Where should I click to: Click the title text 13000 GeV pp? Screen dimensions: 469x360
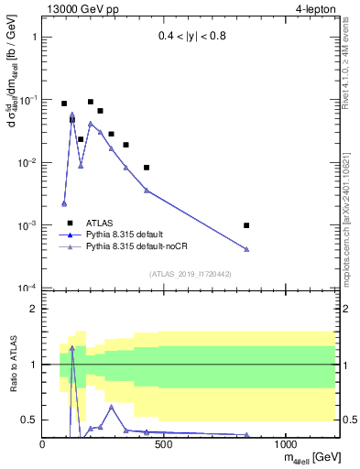pyautogui.click(x=79, y=9)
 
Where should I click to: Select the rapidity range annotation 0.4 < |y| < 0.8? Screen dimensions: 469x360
pyautogui.click(x=189, y=38)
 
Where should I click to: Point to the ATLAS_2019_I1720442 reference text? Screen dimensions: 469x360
pyautogui.click(x=189, y=273)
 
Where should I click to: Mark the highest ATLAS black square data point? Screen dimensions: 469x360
pyautogui.click(x=91, y=102)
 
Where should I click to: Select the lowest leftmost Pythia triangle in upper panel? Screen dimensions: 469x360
pyautogui.click(x=64, y=203)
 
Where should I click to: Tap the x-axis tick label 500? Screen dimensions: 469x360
pyautogui.click(x=164, y=444)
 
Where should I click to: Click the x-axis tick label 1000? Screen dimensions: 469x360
pyautogui.click(x=286, y=444)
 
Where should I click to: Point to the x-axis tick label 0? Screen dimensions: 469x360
pyautogui.click(x=43, y=444)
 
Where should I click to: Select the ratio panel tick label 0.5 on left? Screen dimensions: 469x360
pyautogui.click(x=28, y=420)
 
